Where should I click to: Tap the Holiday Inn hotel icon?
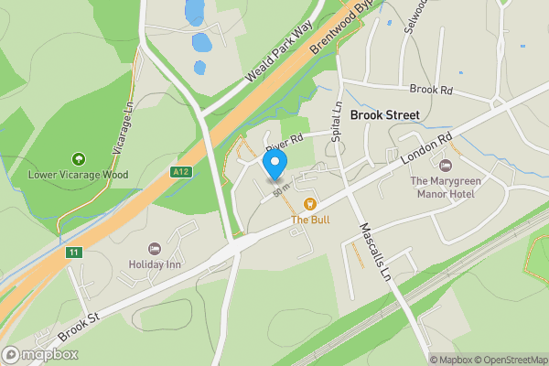[155, 249]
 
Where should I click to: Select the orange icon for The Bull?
[310, 204]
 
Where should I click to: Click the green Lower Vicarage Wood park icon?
[78, 159]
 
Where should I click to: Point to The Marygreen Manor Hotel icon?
[446, 166]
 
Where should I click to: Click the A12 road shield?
[181, 171]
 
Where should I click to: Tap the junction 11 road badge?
[73, 253]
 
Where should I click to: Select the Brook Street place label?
[384, 115]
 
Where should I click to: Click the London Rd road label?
[427, 151]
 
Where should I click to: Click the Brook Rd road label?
[431, 90]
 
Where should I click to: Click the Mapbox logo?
[40, 354]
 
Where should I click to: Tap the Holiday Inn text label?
[155, 265]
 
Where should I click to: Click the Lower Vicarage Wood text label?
[78, 175]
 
